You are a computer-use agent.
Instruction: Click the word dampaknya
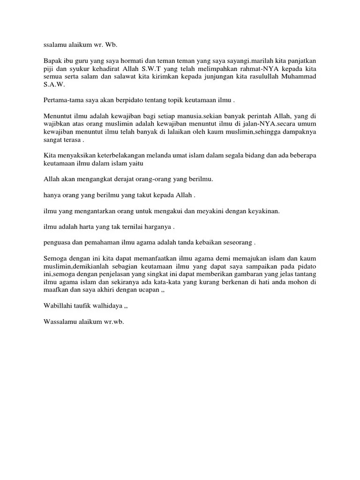300,133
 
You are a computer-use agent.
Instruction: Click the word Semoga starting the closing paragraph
56,259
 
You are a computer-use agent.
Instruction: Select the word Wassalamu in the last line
60,322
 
